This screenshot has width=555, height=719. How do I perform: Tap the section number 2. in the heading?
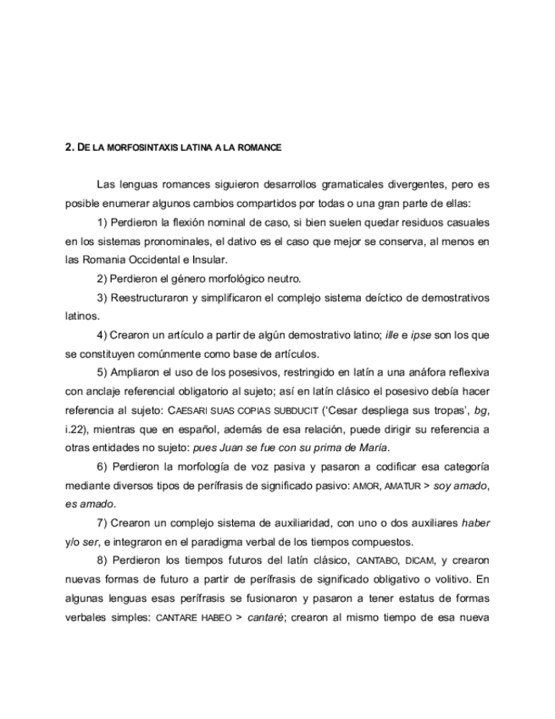(69, 147)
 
